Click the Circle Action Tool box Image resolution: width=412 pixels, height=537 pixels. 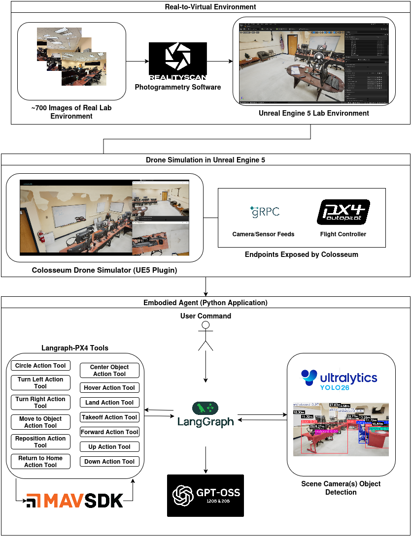(40, 366)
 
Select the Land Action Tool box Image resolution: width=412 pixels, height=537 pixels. (109, 403)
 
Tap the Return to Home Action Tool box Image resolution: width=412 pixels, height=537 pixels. (40, 461)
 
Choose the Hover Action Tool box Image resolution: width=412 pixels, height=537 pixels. (109, 388)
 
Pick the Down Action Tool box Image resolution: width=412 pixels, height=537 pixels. (109, 462)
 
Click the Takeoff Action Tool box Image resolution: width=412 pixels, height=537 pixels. (109, 417)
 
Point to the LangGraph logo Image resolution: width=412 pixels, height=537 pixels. (206, 415)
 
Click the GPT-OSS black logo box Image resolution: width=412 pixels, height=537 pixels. (206, 495)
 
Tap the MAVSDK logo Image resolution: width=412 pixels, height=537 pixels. (74, 501)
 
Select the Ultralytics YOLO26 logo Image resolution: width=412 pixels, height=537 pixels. (339, 379)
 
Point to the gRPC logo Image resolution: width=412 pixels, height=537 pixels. (264, 212)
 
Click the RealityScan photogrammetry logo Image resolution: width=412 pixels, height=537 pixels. (178, 62)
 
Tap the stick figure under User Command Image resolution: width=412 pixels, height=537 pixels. (206, 337)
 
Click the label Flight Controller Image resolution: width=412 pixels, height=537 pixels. (343, 234)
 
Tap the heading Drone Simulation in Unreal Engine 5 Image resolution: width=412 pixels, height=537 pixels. (206, 160)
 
